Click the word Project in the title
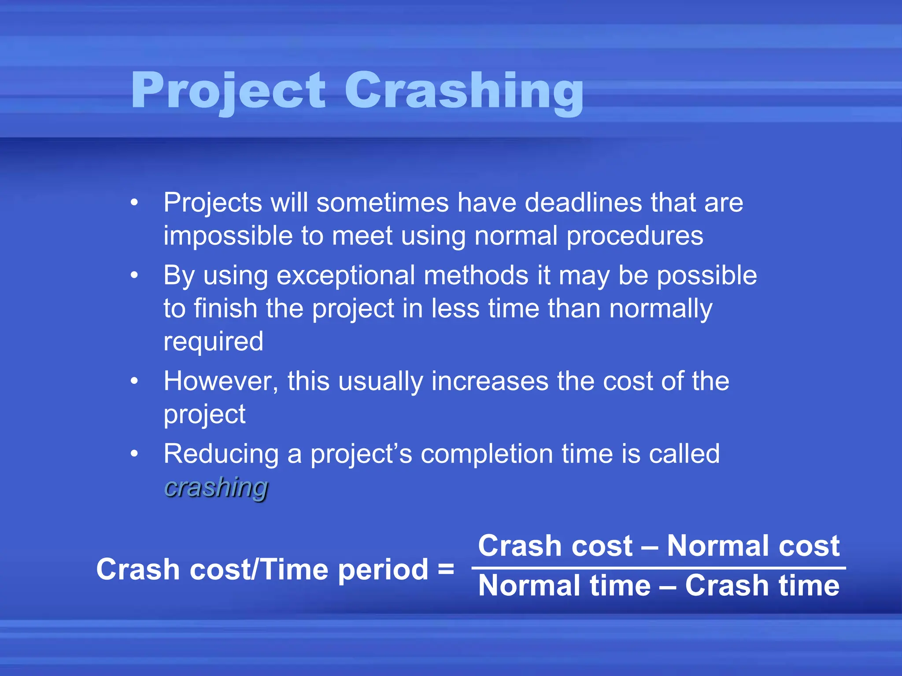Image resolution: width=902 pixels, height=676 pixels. [x=228, y=92]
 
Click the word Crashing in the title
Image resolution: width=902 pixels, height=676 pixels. [x=463, y=92]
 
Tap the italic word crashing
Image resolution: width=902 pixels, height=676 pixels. [x=216, y=488]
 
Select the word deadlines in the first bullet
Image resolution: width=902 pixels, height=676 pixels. [x=583, y=203]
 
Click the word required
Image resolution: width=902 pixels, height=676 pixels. [x=213, y=342]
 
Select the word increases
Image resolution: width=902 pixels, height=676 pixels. [x=490, y=381]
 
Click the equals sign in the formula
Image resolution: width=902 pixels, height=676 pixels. [x=446, y=569]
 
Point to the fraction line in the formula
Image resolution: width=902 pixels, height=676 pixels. [x=658, y=568]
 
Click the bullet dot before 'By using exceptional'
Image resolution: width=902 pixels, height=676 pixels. [x=134, y=276]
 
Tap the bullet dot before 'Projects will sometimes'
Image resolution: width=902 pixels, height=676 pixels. [x=134, y=203]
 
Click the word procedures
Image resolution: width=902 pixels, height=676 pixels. [x=635, y=236]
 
